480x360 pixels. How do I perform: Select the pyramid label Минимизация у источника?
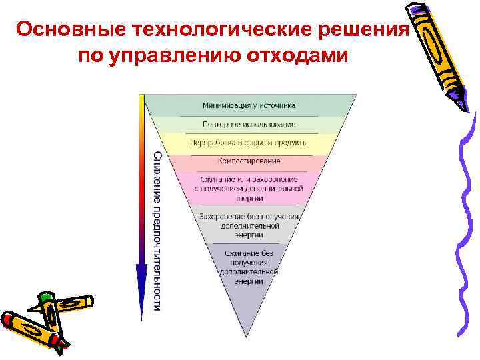(x=249, y=105)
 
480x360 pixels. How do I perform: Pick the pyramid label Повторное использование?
(x=249, y=124)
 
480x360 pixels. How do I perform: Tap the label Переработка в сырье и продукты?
(x=249, y=143)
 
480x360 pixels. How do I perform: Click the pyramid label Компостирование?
(x=249, y=161)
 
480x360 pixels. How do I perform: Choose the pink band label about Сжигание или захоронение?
(x=249, y=189)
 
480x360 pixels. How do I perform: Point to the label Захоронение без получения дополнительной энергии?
(x=249, y=225)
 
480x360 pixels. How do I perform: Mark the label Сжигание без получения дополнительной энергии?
(x=249, y=267)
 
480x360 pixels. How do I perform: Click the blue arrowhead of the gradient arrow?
(x=141, y=280)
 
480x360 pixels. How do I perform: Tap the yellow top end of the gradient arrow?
(x=141, y=100)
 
